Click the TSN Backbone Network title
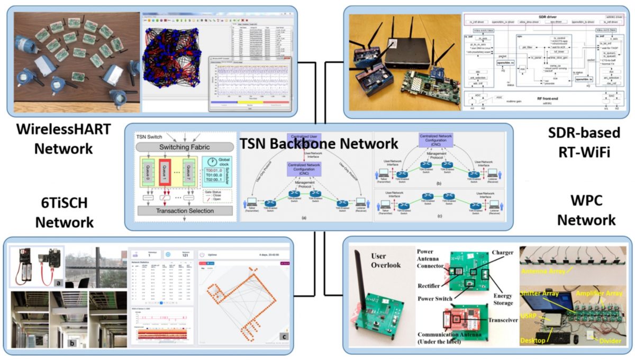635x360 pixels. (x=319, y=143)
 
